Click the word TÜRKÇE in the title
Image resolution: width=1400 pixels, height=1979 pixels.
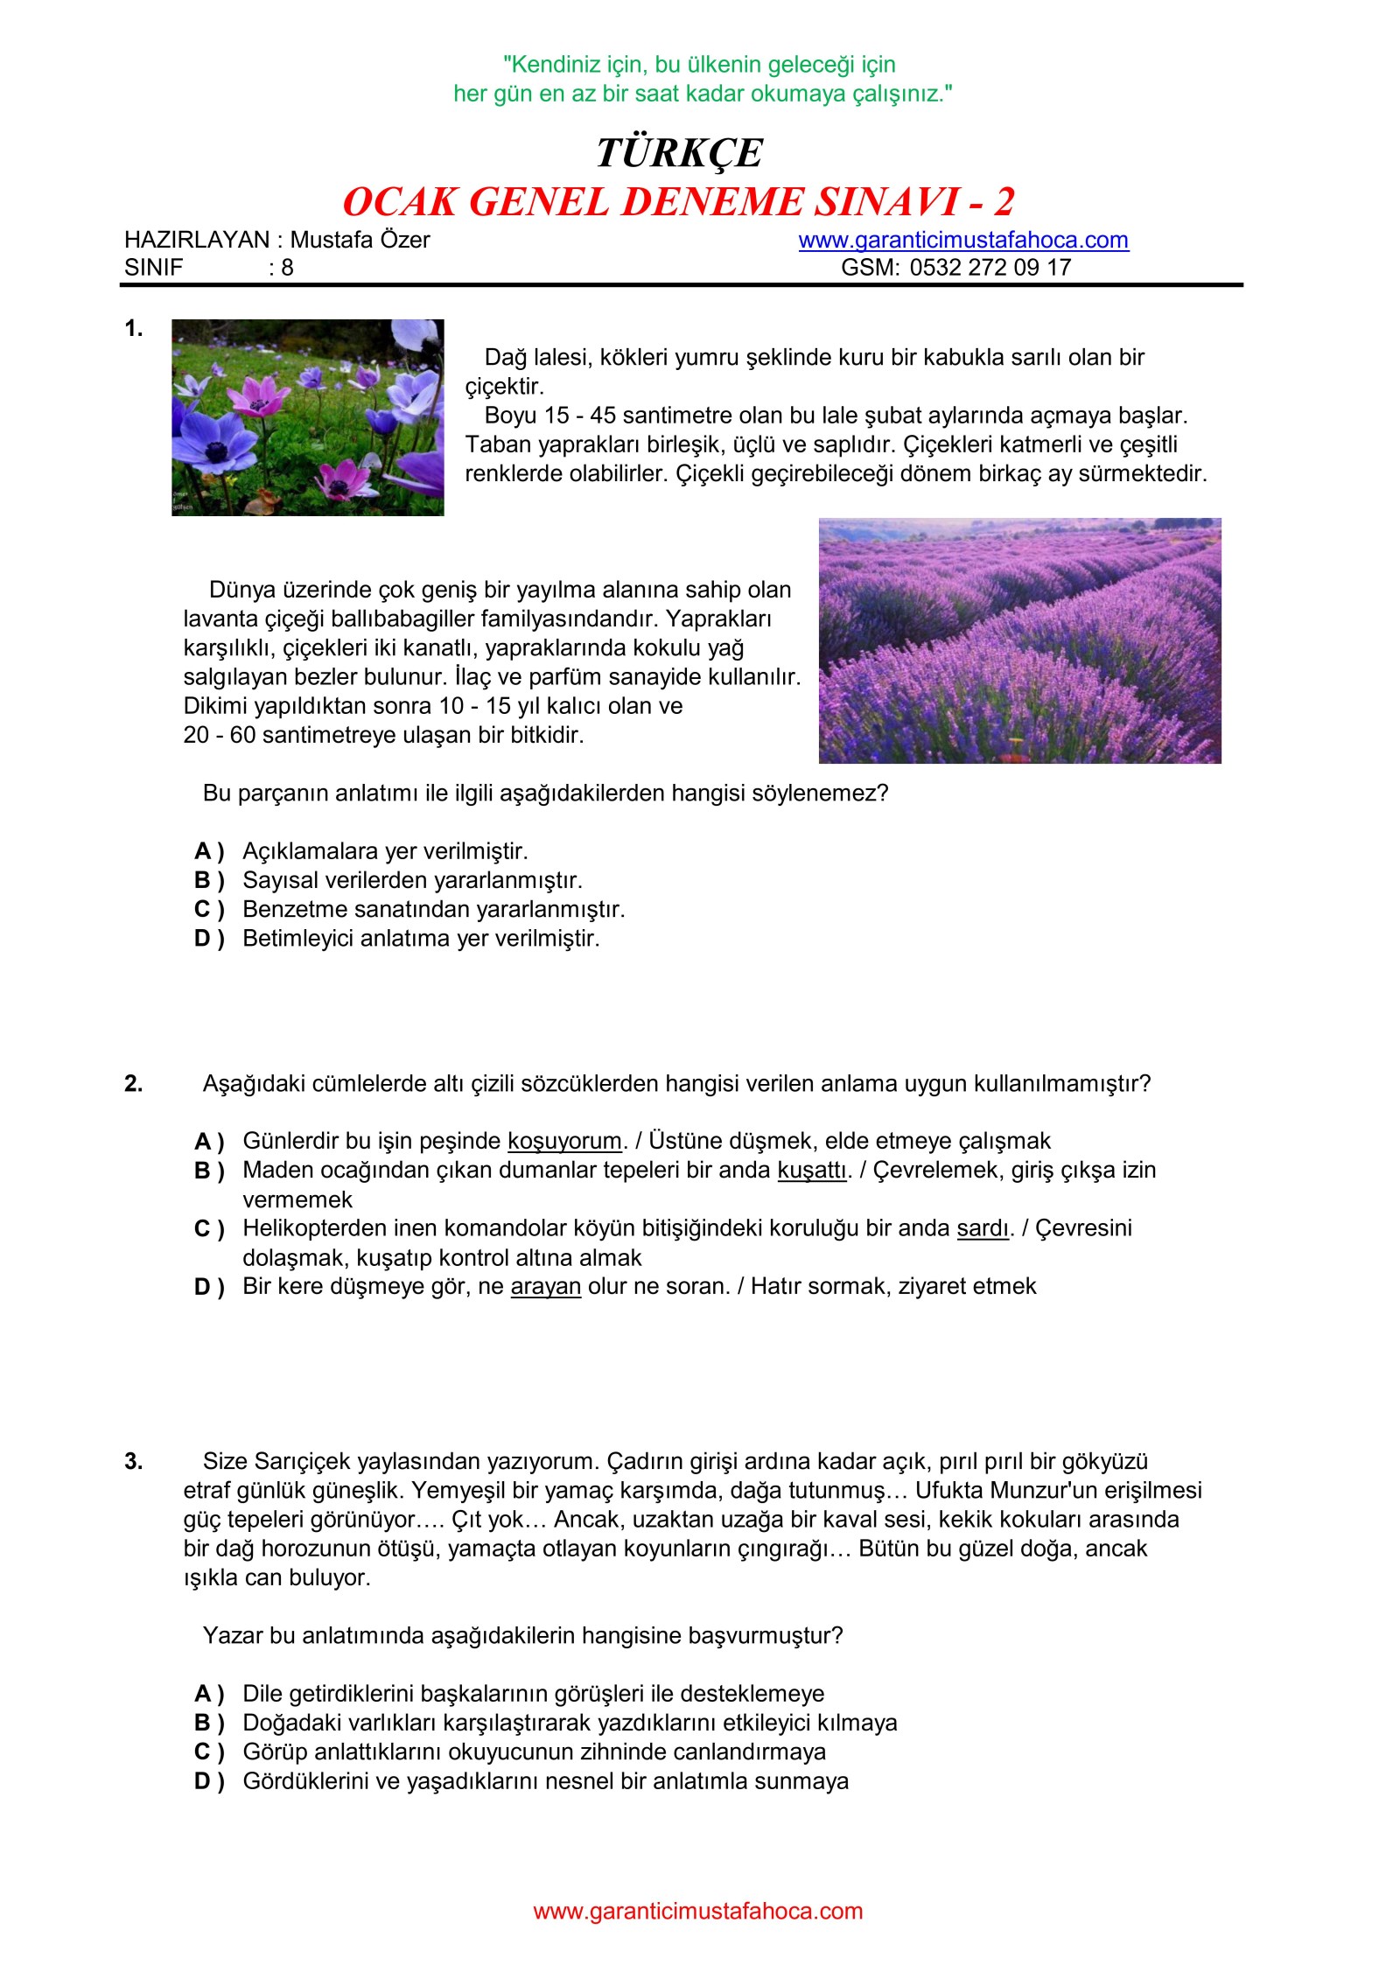click(679, 153)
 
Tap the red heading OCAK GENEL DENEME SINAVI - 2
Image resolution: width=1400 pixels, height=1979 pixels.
click(678, 202)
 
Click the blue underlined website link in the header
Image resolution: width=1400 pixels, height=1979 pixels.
click(962, 240)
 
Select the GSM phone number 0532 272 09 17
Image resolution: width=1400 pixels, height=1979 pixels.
click(990, 268)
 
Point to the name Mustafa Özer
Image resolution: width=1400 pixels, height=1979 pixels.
click(360, 240)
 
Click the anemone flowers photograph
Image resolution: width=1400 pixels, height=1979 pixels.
click(307, 417)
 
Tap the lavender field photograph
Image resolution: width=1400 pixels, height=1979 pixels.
click(1019, 640)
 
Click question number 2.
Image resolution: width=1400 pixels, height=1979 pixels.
click(133, 1083)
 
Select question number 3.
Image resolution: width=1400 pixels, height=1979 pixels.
click(133, 1461)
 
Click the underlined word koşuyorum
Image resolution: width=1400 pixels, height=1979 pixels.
click(564, 1141)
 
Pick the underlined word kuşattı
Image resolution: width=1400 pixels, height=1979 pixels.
click(812, 1170)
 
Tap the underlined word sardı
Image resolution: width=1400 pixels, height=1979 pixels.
click(983, 1228)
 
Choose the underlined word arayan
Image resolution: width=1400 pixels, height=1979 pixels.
click(545, 1286)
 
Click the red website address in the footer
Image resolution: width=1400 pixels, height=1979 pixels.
click(697, 1911)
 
